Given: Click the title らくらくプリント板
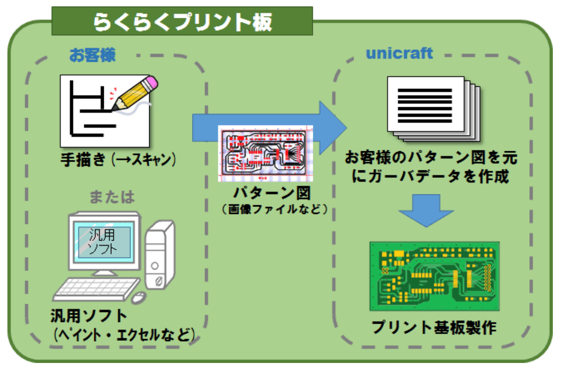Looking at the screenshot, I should pos(182,21).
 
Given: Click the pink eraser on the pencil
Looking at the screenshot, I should pos(151,81).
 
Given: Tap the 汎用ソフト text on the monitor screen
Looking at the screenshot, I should pos(102,242).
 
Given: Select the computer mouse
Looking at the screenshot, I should pos(139,298).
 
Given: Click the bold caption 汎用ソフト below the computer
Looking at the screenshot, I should pos(89,316).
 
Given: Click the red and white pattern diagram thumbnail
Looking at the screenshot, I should pos(265,153).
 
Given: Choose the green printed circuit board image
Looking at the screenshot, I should pos(435,276).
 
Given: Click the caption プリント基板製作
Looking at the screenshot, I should pos(434,328).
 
